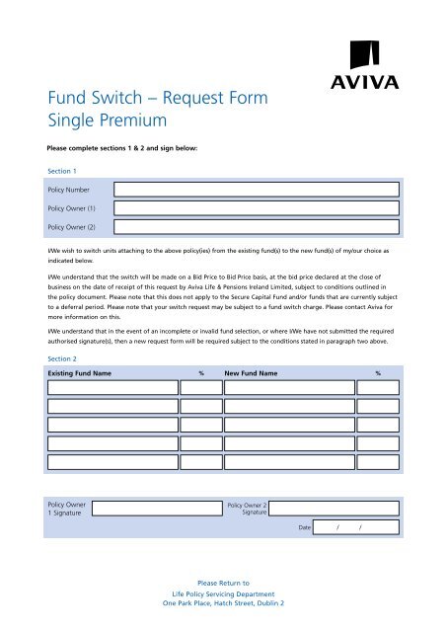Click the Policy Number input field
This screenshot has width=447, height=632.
coord(256,190)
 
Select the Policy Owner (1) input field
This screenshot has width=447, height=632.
coord(256,208)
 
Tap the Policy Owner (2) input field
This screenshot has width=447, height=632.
coord(256,226)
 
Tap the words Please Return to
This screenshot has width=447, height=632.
coord(223,584)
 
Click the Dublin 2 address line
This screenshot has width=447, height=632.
coord(223,602)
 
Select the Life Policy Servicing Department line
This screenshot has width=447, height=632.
coord(223,593)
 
